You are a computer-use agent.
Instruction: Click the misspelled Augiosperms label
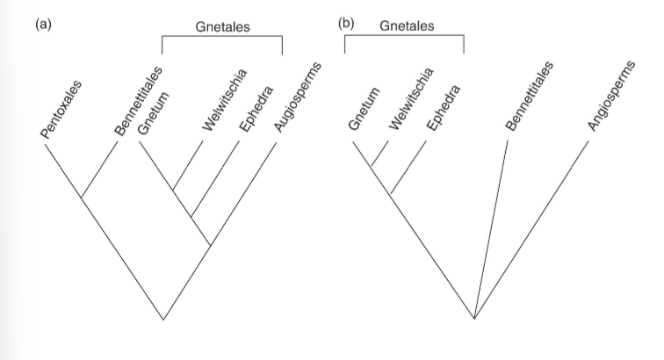pos(295,97)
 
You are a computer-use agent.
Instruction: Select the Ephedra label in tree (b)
pos(440,109)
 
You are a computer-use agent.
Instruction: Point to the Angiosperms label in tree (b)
pos(611,96)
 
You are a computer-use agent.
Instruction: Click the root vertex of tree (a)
pos(163,319)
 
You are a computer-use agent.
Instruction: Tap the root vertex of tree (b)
pos(474,319)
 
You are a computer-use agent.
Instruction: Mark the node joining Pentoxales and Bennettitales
pos(82,198)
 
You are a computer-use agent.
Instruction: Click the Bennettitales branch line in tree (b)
pos(492,228)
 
